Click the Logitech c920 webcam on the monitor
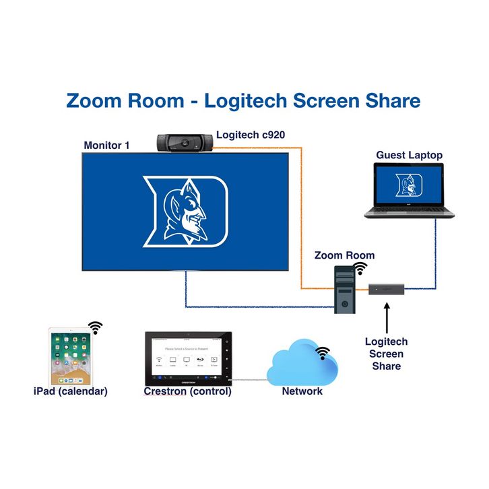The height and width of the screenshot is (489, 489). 185,142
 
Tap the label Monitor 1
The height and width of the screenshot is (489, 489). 106,145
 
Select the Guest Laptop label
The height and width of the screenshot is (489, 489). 409,155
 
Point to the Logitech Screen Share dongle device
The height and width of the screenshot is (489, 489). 386,290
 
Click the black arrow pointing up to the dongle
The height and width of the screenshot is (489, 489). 387,316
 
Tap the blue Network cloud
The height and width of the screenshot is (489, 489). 302,364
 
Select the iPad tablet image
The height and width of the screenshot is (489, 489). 70,356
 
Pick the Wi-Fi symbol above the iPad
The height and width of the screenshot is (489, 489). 96,328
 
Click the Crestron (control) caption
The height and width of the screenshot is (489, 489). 188,391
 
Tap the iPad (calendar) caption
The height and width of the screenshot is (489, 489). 70,391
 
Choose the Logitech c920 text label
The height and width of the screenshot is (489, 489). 250,135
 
